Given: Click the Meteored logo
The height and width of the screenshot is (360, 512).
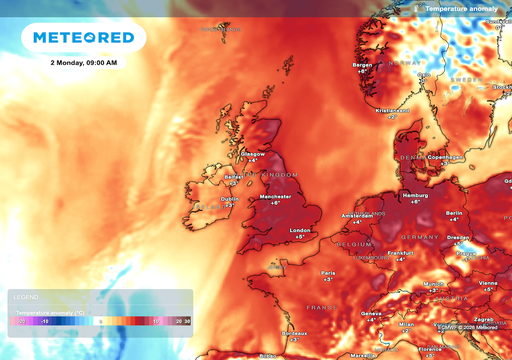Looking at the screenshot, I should [85, 37].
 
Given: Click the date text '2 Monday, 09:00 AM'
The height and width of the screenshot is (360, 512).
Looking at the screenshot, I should [83, 63].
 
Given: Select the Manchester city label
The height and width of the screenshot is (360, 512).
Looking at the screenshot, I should [275, 196].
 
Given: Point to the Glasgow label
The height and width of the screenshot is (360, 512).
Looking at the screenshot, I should [254, 153].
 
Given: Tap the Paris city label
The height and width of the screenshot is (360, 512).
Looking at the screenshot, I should [327, 271].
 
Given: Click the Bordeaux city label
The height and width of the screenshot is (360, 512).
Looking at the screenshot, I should [293, 332].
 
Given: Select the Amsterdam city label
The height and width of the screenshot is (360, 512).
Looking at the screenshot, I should [357, 215].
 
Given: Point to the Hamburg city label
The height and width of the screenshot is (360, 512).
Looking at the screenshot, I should [413, 194].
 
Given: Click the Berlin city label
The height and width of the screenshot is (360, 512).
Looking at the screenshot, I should [454, 213].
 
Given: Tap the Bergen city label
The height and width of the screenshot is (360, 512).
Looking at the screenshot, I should [362, 65].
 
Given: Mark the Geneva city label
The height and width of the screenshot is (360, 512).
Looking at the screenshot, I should [371, 313].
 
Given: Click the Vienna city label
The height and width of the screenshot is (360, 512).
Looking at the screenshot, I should [487, 283].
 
